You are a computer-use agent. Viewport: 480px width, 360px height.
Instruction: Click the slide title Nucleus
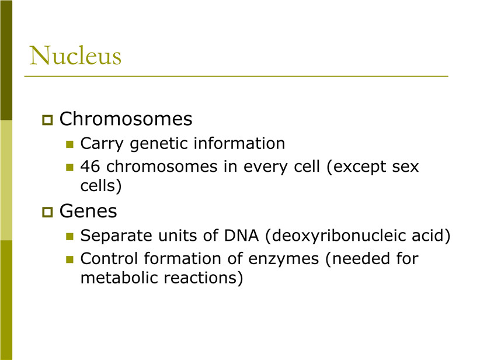tap(75, 56)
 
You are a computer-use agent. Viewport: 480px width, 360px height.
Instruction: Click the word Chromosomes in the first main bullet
tap(126, 119)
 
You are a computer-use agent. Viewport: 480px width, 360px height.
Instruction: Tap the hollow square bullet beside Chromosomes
tap(47, 119)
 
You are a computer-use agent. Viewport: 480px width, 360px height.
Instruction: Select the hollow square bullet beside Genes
tap(47, 212)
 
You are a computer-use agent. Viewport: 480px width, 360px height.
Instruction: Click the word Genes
tap(88, 211)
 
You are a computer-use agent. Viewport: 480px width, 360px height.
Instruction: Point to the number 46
tap(90, 167)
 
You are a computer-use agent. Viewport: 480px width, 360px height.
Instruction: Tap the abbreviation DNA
tap(242, 236)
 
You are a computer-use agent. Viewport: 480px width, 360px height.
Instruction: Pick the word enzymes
tap(284, 259)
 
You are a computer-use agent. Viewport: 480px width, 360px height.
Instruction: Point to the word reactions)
tap(204, 278)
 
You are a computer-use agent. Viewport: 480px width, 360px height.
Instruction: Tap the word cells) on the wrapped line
tap(101, 186)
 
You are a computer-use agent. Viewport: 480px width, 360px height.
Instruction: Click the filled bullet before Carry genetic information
tap(70, 144)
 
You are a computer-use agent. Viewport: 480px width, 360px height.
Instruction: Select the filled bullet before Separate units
tap(70, 237)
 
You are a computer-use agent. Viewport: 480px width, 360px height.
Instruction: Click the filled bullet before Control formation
tap(70, 259)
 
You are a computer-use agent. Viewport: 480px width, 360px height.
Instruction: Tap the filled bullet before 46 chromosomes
tap(70, 167)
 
